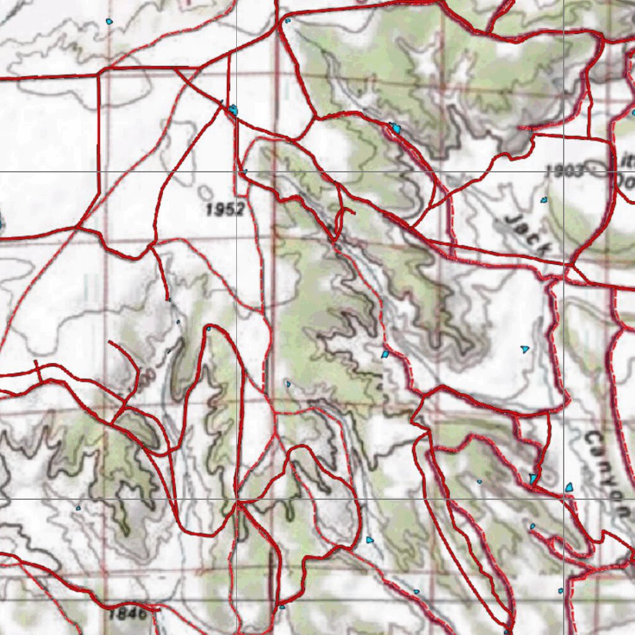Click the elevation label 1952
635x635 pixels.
click(225, 210)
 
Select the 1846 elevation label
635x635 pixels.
click(128, 615)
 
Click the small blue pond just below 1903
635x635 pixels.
click(544, 200)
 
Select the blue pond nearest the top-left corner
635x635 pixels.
click(109, 22)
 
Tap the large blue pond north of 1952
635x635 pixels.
click(233, 110)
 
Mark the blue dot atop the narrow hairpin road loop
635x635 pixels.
click(208, 329)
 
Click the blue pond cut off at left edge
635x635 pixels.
click(1, 223)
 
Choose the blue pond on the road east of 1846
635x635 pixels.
click(282, 606)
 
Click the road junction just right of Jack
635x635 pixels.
click(568, 266)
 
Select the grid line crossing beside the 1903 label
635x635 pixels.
click(563, 171)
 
